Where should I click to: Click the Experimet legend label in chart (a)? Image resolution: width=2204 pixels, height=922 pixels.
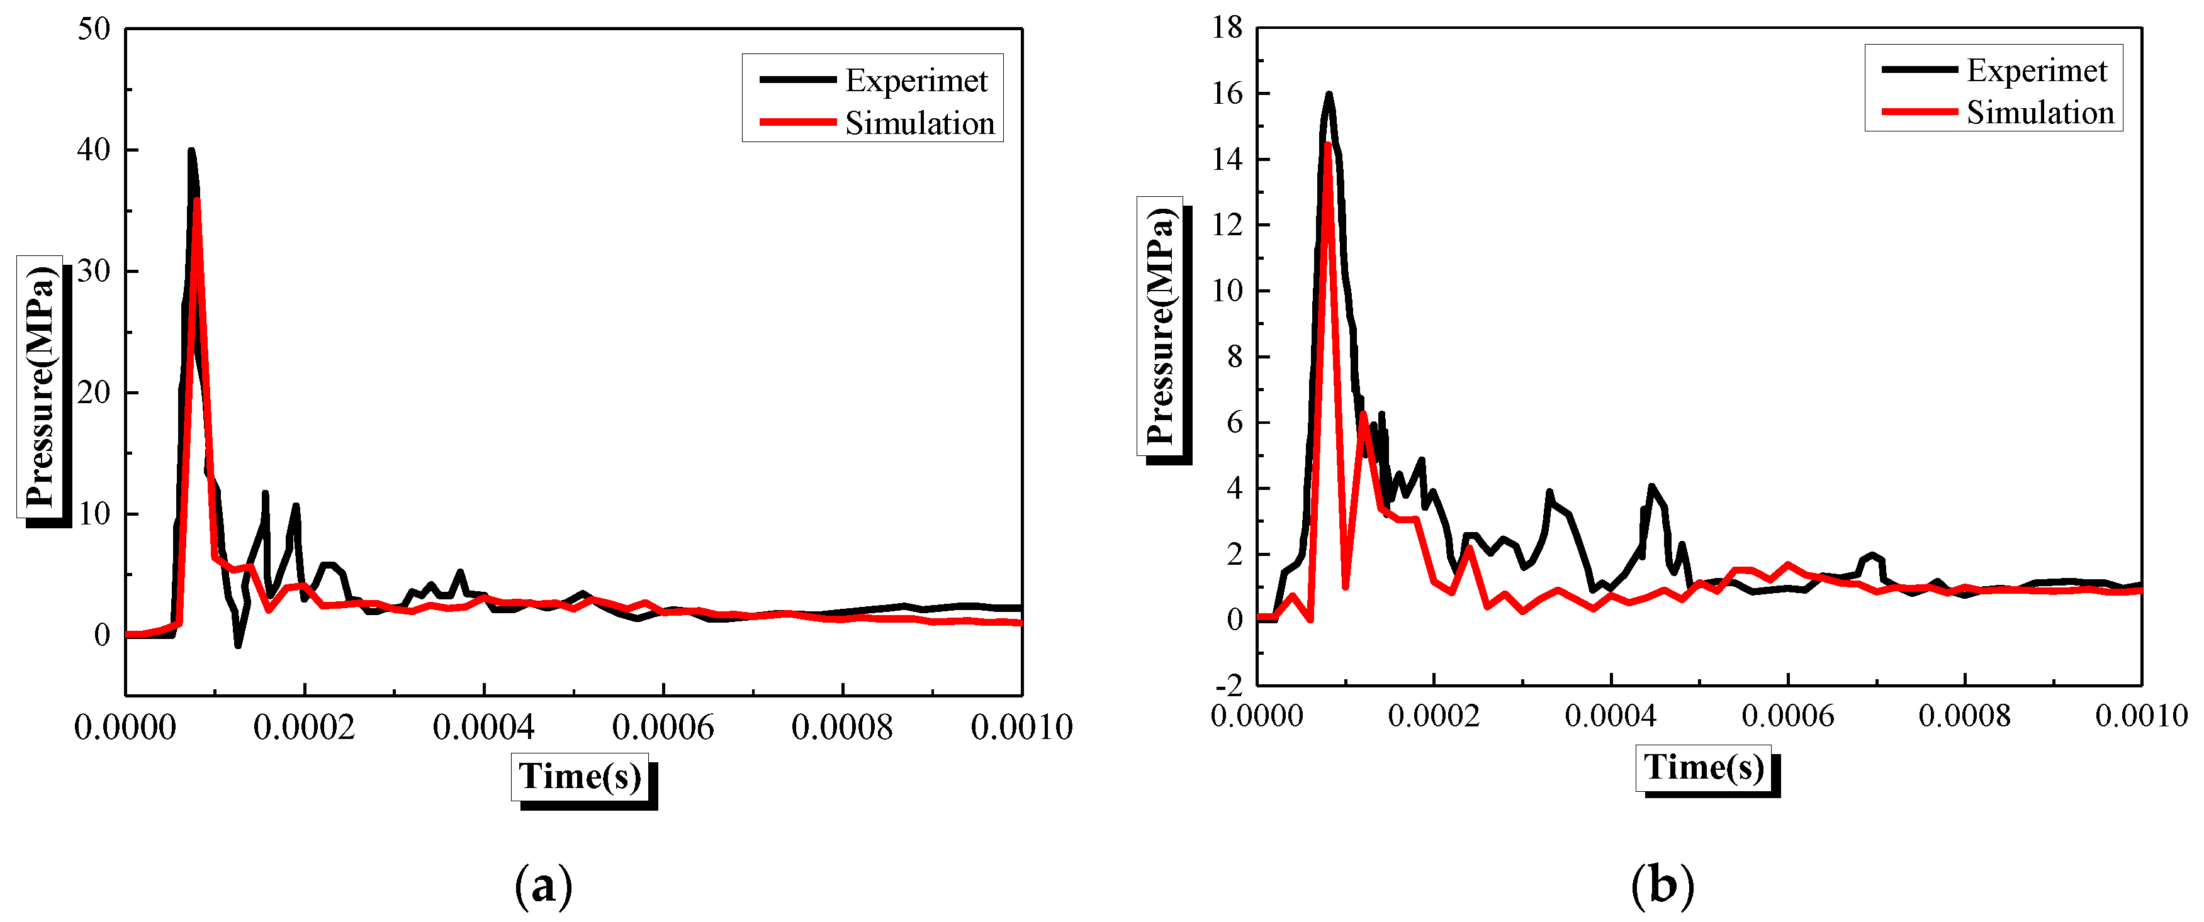[916, 81]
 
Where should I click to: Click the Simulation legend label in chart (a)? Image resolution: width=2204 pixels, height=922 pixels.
[919, 123]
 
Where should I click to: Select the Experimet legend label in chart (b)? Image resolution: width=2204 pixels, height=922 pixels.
[2037, 70]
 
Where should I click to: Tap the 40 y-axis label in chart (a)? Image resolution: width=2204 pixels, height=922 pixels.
[94, 150]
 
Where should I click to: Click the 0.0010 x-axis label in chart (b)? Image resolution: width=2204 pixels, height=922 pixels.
[2140, 716]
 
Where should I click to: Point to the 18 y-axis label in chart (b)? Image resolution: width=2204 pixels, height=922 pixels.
[1227, 28]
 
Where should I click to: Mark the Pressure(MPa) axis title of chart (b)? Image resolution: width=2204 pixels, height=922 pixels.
[1160, 326]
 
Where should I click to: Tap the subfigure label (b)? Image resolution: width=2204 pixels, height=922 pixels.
[1661, 886]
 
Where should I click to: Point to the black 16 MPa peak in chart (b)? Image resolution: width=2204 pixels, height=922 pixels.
[1329, 94]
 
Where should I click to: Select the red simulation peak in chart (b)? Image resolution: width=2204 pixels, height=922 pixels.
[1327, 145]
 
